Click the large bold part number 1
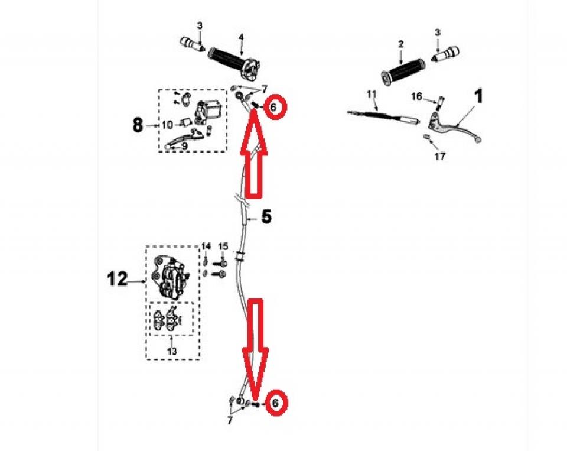pyautogui.click(x=478, y=98)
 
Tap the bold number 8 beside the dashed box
pyautogui.click(x=138, y=125)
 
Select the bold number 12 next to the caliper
pyautogui.click(x=117, y=280)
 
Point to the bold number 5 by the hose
pyautogui.click(x=266, y=216)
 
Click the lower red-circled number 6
pyautogui.click(x=276, y=403)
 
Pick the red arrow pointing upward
pyautogui.click(x=254, y=154)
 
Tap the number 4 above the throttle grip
pyautogui.click(x=241, y=37)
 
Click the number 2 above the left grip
pyautogui.click(x=400, y=44)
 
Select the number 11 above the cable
pyautogui.click(x=372, y=94)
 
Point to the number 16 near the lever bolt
pyautogui.click(x=416, y=96)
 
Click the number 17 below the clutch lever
pyautogui.click(x=440, y=157)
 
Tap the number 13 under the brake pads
pyautogui.click(x=172, y=351)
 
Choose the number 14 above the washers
pyautogui.click(x=206, y=246)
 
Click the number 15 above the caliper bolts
pyautogui.click(x=223, y=246)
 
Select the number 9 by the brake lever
pyautogui.click(x=184, y=146)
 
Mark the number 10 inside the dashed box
pyautogui.click(x=167, y=125)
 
